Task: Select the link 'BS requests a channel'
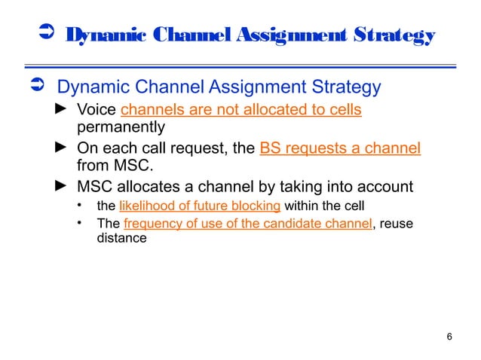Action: coord(339,148)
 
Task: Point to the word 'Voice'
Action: coord(97,110)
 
